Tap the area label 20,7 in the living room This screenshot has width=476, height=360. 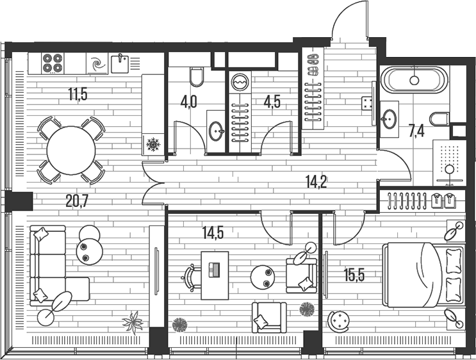[76, 202]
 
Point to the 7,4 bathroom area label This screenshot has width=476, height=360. [416, 132]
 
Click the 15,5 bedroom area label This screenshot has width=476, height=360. [354, 276]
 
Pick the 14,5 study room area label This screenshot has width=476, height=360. [213, 233]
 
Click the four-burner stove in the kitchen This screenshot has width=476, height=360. [53, 62]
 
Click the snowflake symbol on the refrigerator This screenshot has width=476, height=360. [152, 145]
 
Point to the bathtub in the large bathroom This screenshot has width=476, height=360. [413, 81]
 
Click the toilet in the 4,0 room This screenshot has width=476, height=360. [197, 76]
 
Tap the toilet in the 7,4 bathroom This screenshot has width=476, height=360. [439, 119]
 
